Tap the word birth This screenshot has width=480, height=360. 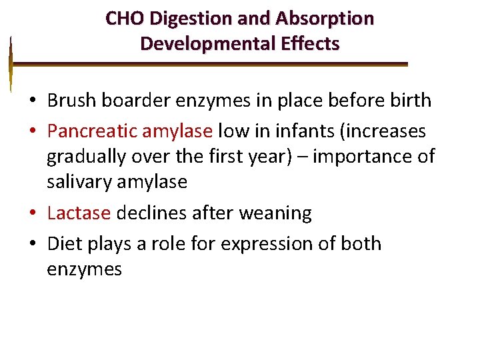click(x=409, y=101)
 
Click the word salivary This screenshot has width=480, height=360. click(x=79, y=181)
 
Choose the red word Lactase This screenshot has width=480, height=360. click(x=79, y=213)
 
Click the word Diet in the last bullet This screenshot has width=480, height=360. click(x=65, y=243)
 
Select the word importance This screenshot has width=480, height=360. click(x=359, y=157)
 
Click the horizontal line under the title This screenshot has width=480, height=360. click(x=209, y=65)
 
